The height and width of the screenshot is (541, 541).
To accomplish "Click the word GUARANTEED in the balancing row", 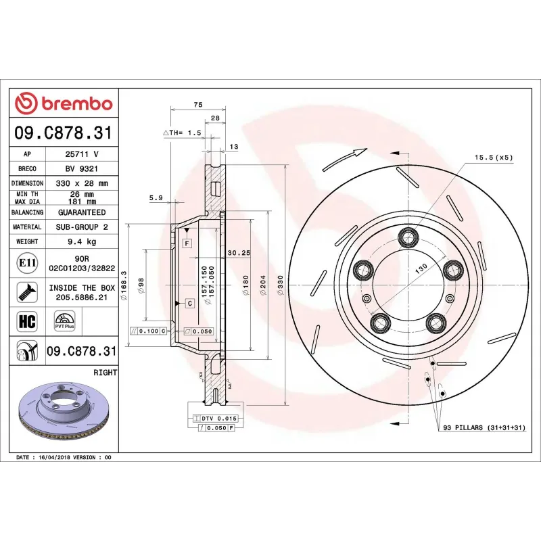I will pyautogui.click(x=83, y=212).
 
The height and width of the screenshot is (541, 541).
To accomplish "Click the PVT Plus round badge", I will pyautogui.click(x=66, y=321).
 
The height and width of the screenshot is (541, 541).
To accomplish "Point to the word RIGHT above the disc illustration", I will pyautogui.click(x=105, y=373).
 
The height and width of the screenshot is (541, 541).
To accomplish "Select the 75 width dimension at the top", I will pyautogui.click(x=197, y=105).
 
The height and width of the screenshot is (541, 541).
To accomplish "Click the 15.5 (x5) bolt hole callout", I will pyautogui.click(x=492, y=157).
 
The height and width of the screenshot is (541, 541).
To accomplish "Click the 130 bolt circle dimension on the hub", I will pyautogui.click(x=421, y=268).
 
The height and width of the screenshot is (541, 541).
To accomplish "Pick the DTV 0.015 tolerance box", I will pyautogui.click(x=217, y=419).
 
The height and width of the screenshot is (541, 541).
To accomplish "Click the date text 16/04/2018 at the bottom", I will pyautogui.click(x=55, y=458).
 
